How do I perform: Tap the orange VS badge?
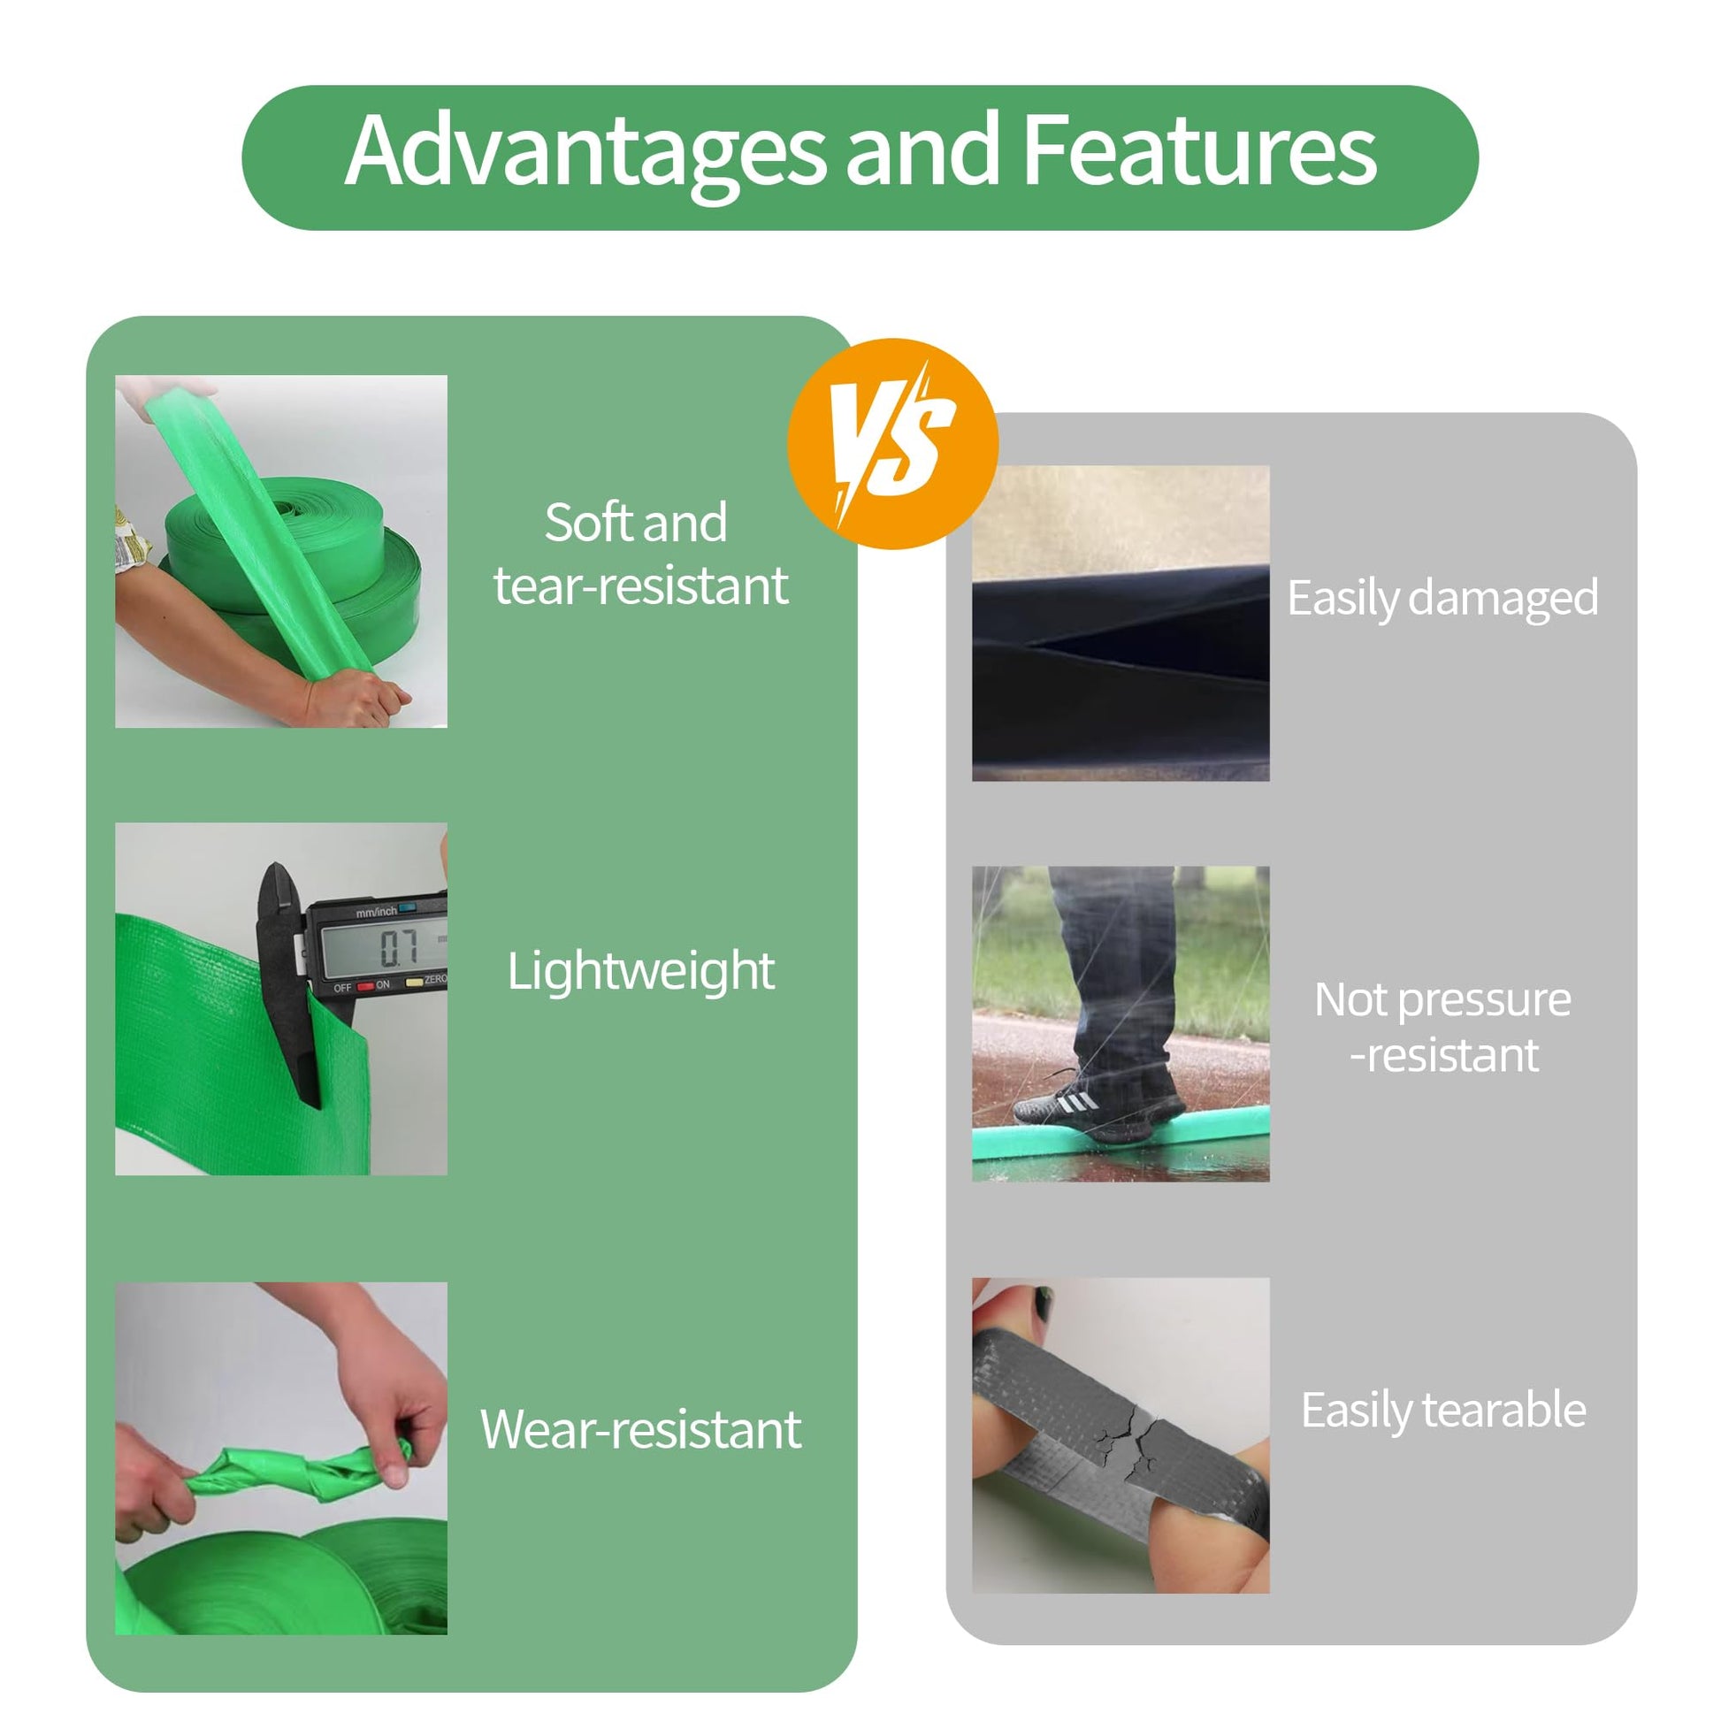pos(892,443)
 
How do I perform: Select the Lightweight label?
pos(640,971)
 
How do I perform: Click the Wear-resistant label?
pos(640,1430)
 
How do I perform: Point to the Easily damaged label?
pos(1442,598)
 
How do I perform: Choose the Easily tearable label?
pos(1443,1410)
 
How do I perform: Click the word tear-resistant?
pos(640,586)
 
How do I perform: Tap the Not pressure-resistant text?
pos(1443,1027)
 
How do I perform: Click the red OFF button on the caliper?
pos(365,986)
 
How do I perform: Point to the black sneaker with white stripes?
pos(1100,1110)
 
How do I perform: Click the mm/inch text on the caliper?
pos(376,911)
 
